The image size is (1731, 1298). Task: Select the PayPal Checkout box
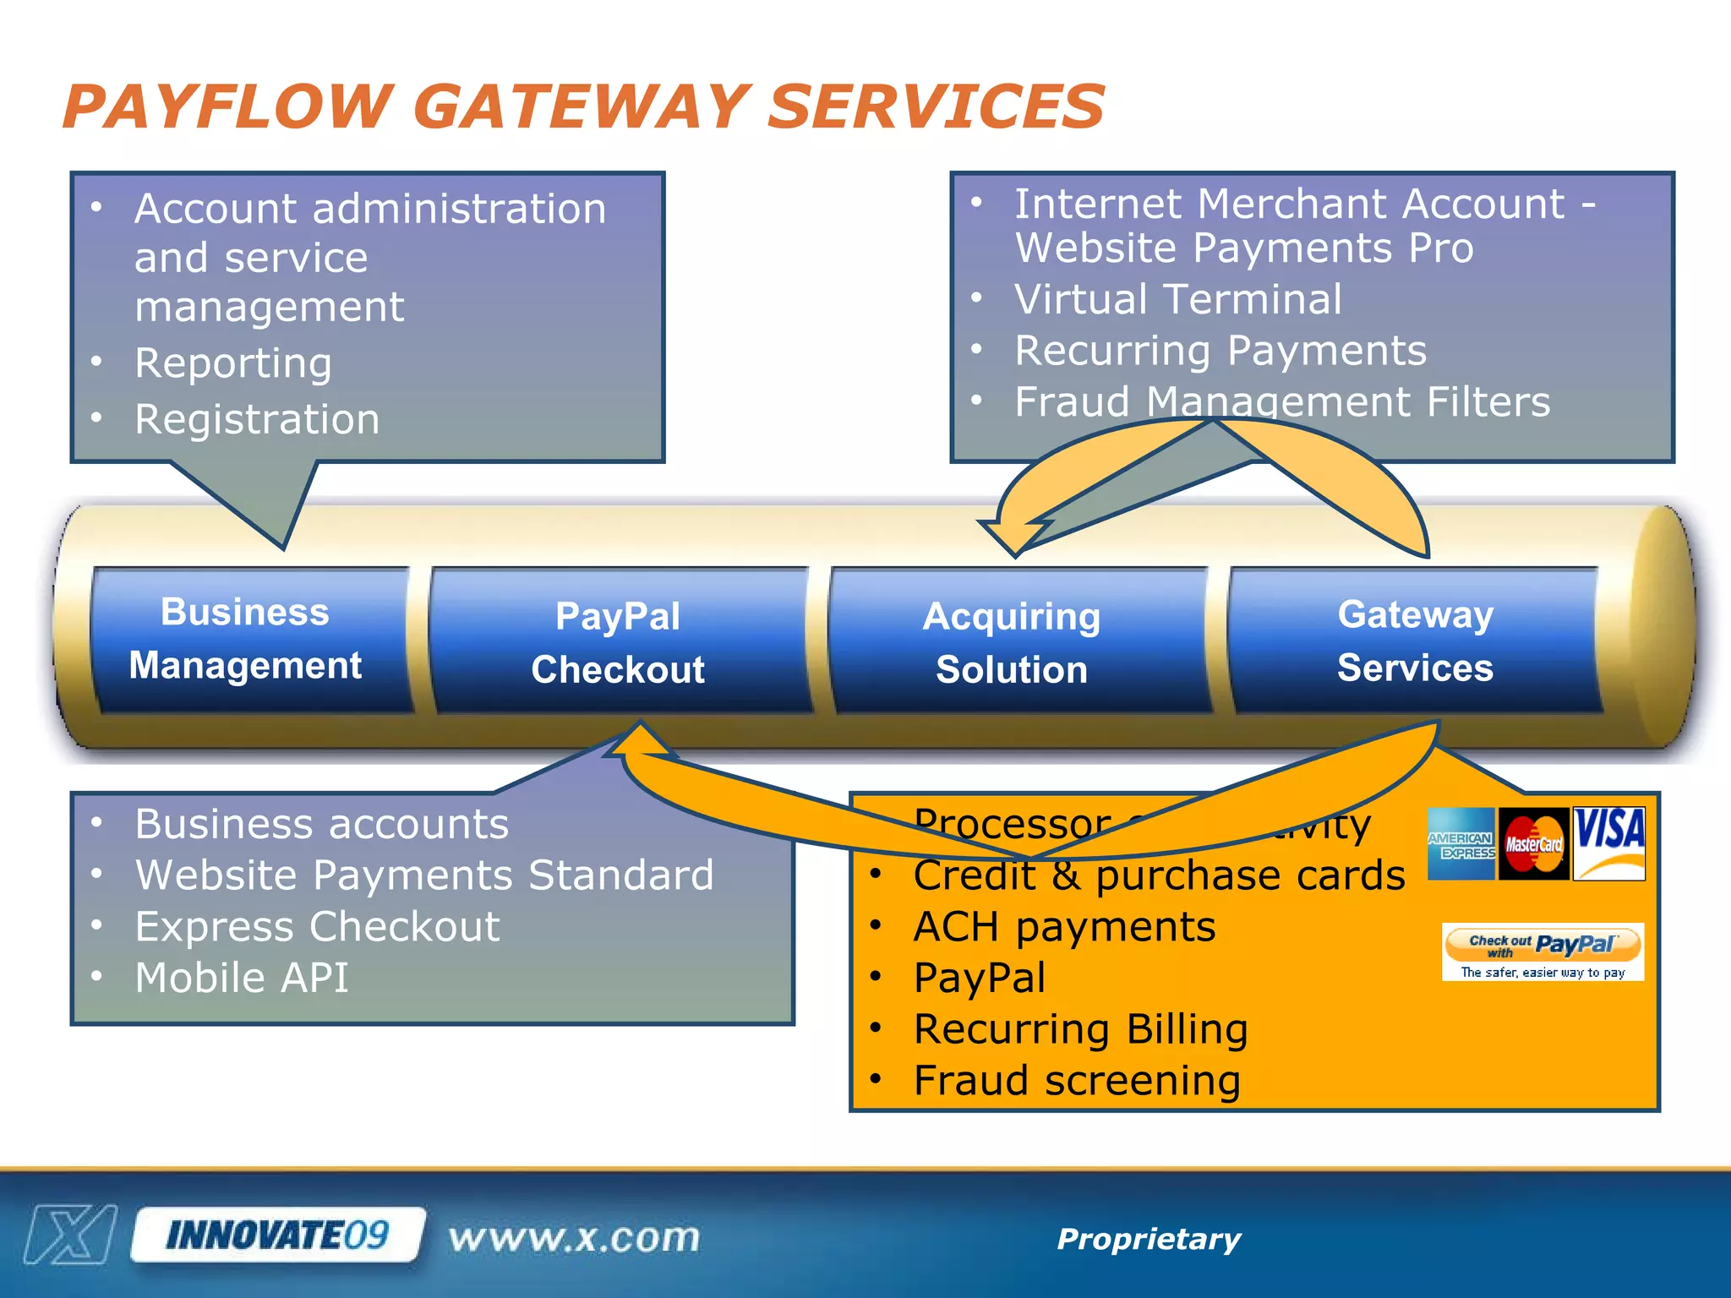618,642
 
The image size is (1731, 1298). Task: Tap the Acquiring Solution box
1012,642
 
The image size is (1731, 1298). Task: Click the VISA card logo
1609,843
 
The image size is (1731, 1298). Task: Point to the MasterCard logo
1534,843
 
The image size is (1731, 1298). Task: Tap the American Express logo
1461,843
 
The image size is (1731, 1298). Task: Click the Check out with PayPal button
1543,945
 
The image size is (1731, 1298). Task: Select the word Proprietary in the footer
1149,1239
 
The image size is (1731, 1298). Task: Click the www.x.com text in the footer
575,1238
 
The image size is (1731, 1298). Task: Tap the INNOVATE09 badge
278,1235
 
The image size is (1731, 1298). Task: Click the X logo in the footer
71,1235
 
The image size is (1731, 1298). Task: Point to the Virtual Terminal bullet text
1177,299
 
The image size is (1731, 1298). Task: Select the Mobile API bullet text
242,978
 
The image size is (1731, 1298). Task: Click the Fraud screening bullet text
1077,1081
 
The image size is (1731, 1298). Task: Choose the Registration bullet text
257,419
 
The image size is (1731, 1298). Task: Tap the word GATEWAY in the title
581,107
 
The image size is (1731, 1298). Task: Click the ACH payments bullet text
1064,927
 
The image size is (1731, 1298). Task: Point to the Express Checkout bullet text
317,927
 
